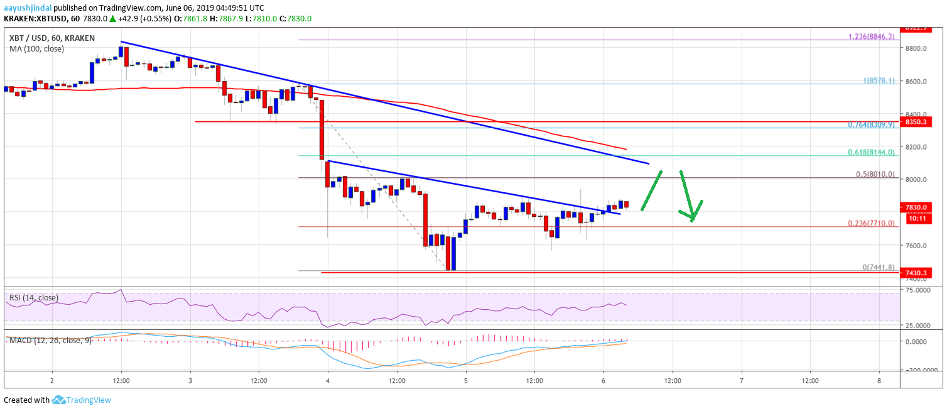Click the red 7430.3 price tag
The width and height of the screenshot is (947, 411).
(x=925, y=273)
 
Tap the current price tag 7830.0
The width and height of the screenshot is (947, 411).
(x=925, y=207)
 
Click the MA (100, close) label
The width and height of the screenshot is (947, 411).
(x=36, y=48)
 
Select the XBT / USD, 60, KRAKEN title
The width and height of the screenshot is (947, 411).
(x=52, y=38)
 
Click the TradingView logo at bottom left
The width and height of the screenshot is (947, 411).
(x=81, y=400)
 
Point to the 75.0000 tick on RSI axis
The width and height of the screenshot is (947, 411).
(x=927, y=290)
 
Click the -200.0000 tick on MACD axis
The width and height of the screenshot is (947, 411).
(x=924, y=370)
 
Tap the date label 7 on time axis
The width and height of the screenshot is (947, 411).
(x=742, y=381)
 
